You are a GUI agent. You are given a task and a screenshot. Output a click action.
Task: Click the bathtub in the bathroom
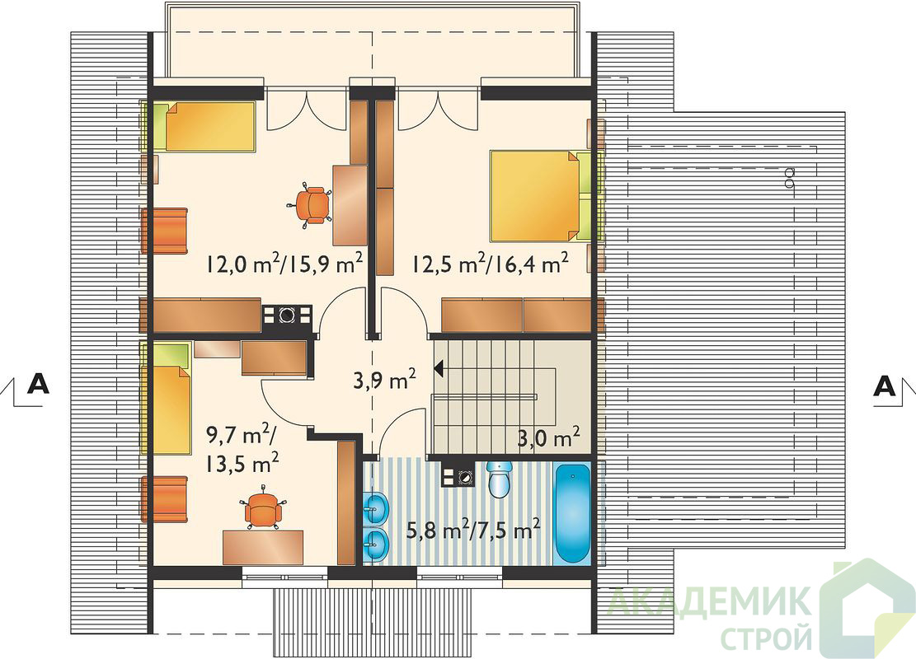point(571,514)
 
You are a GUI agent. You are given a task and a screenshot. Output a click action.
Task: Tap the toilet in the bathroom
point(498,479)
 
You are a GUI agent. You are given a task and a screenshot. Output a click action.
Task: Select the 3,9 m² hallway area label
point(384,381)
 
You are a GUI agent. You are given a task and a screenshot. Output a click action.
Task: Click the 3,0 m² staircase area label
point(548,437)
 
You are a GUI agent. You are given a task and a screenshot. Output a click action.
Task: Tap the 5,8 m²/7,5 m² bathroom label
point(472,530)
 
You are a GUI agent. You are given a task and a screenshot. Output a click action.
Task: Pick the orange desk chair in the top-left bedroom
point(312,204)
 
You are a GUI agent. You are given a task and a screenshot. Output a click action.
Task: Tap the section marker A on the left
point(38,385)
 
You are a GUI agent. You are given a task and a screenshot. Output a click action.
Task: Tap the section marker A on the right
point(885,386)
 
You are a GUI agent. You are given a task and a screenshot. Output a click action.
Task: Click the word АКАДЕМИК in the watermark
point(709,602)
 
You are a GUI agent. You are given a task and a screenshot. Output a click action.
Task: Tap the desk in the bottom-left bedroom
point(264,547)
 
